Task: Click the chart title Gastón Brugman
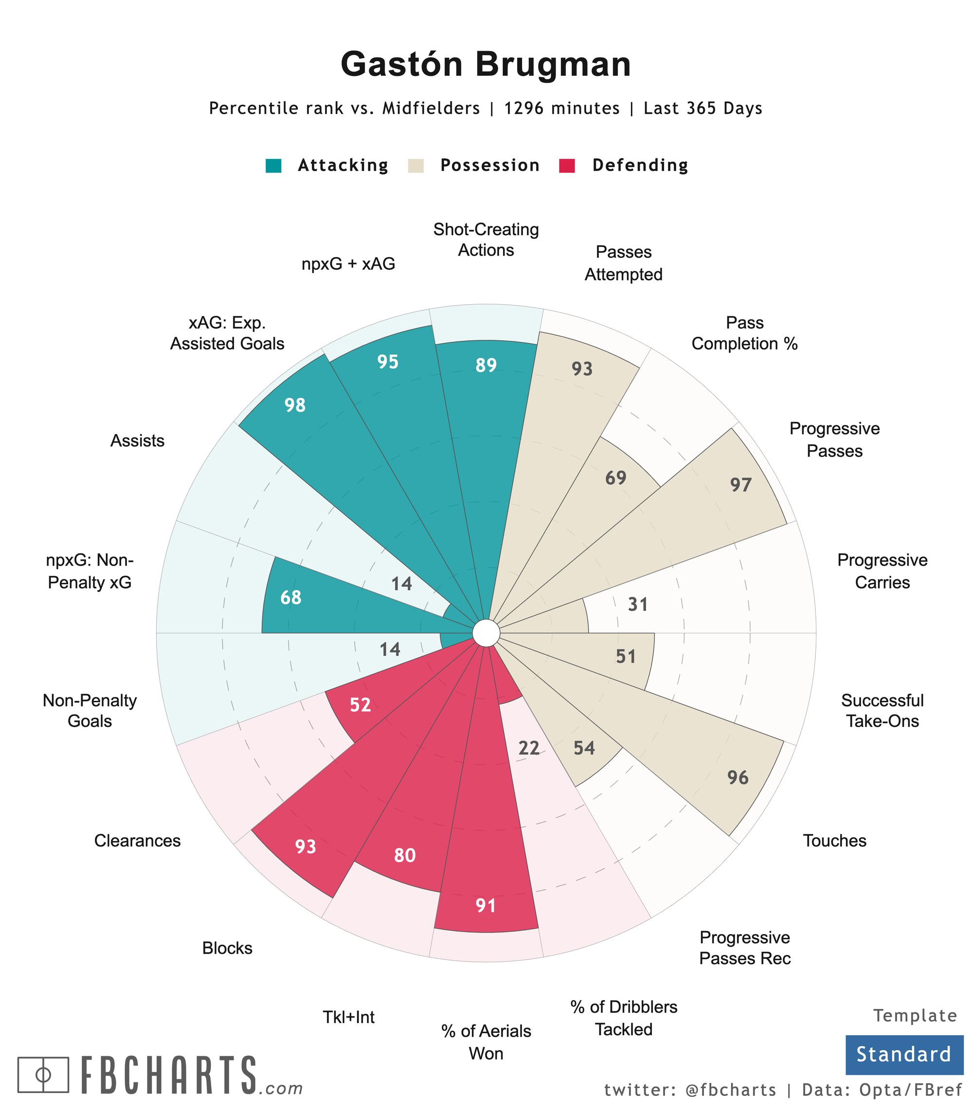click(x=486, y=64)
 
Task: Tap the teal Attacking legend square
click(x=273, y=165)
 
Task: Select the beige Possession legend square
click(x=416, y=165)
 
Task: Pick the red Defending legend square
click(x=567, y=165)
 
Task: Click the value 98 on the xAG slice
click(x=295, y=405)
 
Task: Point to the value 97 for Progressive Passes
click(x=740, y=485)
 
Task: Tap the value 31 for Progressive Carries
click(x=638, y=604)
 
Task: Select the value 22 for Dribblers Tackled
click(x=529, y=748)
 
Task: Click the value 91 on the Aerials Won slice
click(x=486, y=905)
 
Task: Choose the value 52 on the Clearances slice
click(x=360, y=705)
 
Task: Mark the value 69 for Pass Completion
click(x=616, y=478)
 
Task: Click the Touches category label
click(x=834, y=841)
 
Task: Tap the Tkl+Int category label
click(x=349, y=1017)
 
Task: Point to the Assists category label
click(x=137, y=440)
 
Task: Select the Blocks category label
click(x=227, y=948)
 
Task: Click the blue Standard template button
click(x=904, y=1054)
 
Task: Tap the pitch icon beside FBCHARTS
click(x=43, y=1074)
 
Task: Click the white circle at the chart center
click(x=486, y=633)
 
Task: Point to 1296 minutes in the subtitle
click(x=561, y=108)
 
